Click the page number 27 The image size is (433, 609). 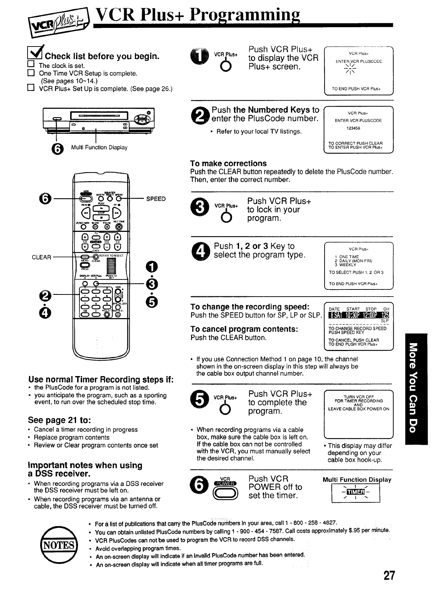pyautogui.click(x=389, y=575)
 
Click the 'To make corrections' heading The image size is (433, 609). pyautogui.click(x=228, y=164)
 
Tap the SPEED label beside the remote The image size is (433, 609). pyautogui.click(x=156, y=199)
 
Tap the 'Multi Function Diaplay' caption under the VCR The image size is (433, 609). pyautogui.click(x=99, y=147)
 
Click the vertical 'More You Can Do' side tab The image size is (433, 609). pyautogui.click(x=416, y=389)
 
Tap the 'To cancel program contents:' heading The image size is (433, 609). pyautogui.click(x=245, y=329)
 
